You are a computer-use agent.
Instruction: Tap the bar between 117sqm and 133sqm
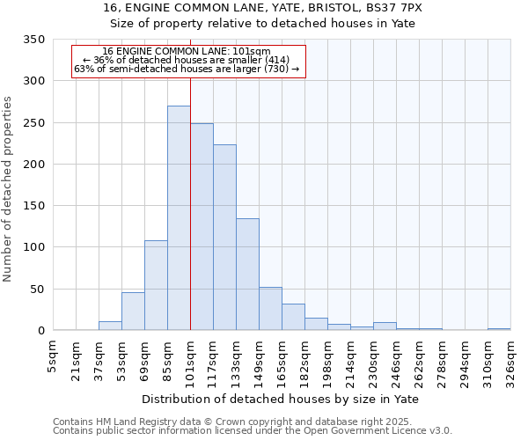(x=224, y=238)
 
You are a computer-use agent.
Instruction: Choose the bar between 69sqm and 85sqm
(x=156, y=285)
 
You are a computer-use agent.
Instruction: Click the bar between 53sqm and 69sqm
(x=133, y=312)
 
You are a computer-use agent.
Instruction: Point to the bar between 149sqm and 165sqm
(x=270, y=309)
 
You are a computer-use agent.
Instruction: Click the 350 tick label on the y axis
(x=34, y=40)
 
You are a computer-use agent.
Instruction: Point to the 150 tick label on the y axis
(x=34, y=206)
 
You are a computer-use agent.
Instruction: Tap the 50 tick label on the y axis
(x=38, y=289)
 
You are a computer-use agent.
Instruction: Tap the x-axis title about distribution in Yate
(x=280, y=399)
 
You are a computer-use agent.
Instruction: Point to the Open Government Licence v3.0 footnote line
(x=252, y=430)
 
